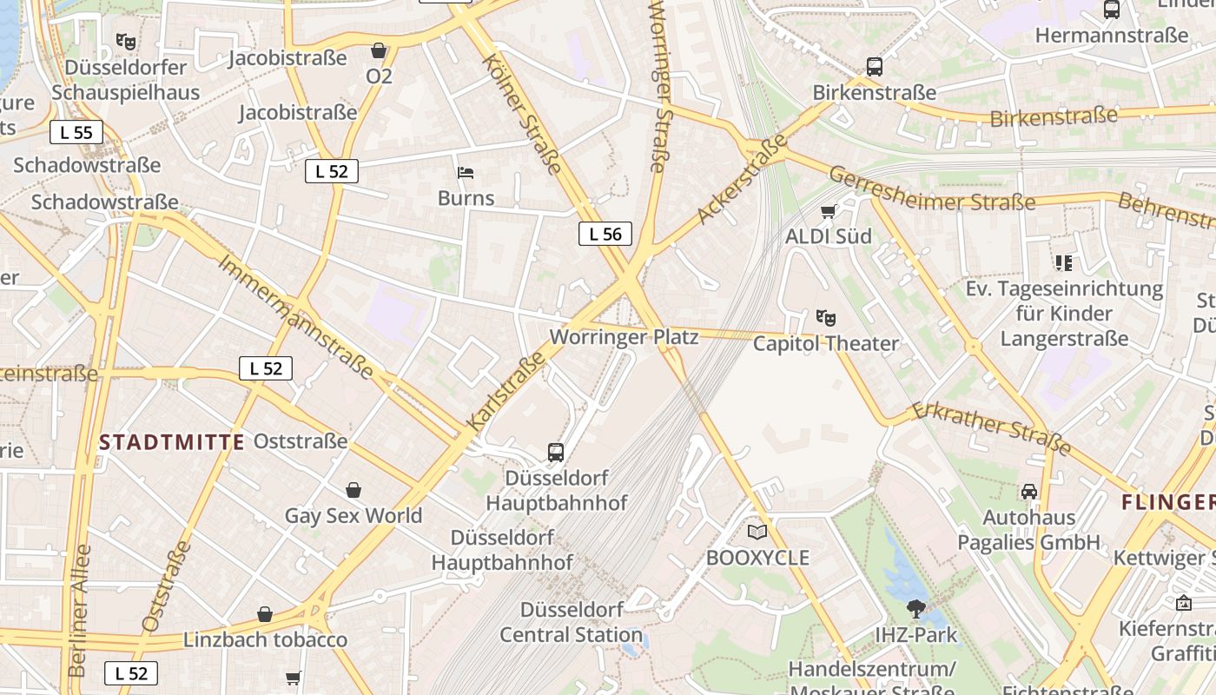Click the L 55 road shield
pyautogui.click(x=76, y=133)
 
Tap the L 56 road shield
pyautogui.click(x=605, y=234)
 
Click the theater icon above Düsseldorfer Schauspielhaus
pyautogui.click(x=126, y=41)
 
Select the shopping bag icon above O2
pyautogui.click(x=379, y=51)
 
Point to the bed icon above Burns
pyautogui.click(x=466, y=173)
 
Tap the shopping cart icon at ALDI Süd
pyautogui.click(x=829, y=211)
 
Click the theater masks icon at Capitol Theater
pyautogui.click(x=825, y=319)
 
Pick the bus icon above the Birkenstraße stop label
pyautogui.click(x=875, y=67)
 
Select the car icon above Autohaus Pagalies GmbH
pyautogui.click(x=1029, y=492)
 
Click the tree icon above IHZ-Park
pyautogui.click(x=915, y=609)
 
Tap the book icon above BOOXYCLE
pyautogui.click(x=757, y=532)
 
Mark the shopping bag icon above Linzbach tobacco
pyautogui.click(x=265, y=615)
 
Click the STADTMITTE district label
pyautogui.click(x=172, y=442)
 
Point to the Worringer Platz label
pyautogui.click(x=625, y=337)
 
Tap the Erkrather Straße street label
pyautogui.click(x=991, y=427)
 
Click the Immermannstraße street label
pyautogui.click(x=295, y=317)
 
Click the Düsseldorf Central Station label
pyautogui.click(x=571, y=622)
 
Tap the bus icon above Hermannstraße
pyautogui.click(x=1111, y=10)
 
